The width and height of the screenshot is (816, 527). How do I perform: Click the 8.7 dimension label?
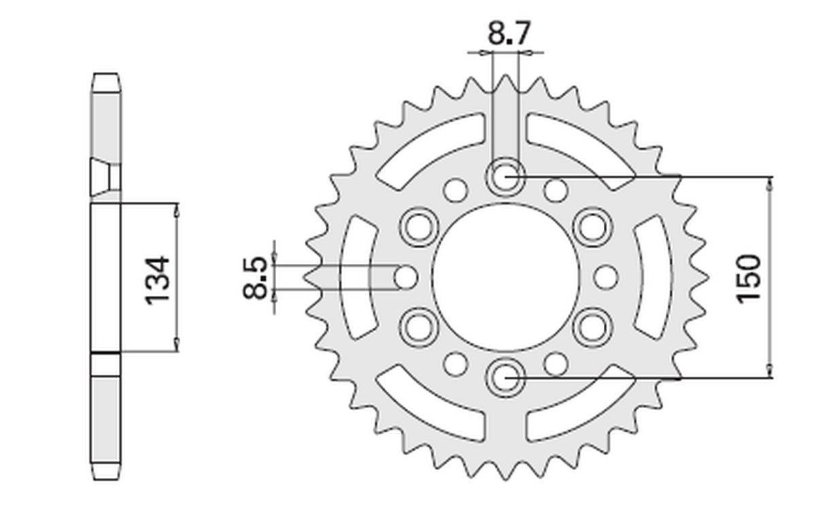coord(508,33)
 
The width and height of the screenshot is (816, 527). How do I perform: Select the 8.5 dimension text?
coord(255,277)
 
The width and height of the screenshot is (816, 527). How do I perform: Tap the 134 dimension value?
coord(157,279)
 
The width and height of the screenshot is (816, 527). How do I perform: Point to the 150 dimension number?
coord(749,279)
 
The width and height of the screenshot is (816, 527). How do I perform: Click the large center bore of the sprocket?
coord(505,277)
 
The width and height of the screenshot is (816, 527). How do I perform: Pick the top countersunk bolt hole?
coord(506,177)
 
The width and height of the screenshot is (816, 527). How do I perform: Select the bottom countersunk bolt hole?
coord(506,378)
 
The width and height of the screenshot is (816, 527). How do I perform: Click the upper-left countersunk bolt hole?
coord(419,227)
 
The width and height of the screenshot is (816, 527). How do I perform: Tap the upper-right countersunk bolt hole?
coord(593,227)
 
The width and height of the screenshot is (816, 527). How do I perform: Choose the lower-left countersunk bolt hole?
coord(419,327)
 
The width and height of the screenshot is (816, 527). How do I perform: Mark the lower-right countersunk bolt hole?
coord(593,327)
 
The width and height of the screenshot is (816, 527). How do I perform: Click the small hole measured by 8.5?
coord(405,277)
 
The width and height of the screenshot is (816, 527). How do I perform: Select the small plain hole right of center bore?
coord(606,277)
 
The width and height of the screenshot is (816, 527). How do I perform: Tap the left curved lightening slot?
coord(356,277)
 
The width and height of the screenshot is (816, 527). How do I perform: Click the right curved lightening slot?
coord(654,277)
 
